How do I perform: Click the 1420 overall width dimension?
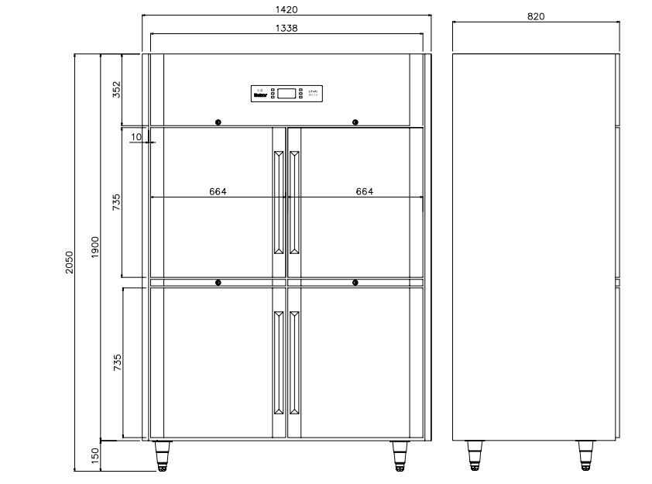pyautogui.click(x=287, y=10)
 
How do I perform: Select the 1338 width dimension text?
pyautogui.click(x=287, y=28)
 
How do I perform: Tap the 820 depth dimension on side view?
pyautogui.click(x=536, y=16)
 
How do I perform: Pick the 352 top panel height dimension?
pyautogui.click(x=117, y=90)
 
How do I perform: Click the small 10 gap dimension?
pyautogui.click(x=136, y=137)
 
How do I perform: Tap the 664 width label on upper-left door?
pyautogui.click(x=218, y=191)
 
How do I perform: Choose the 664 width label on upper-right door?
pyautogui.click(x=364, y=191)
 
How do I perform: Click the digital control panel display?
pyautogui.click(x=287, y=93)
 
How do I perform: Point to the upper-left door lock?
pyautogui.click(x=218, y=122)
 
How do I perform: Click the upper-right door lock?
pyautogui.click(x=355, y=122)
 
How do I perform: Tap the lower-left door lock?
pyautogui.click(x=218, y=283)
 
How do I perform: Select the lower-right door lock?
pyautogui.click(x=355, y=283)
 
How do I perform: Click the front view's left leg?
pyautogui.click(x=163, y=455)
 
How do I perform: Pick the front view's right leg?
pyautogui.click(x=400, y=455)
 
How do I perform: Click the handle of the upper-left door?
pyautogui.click(x=278, y=201)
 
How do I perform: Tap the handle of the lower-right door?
pyautogui.click(x=294, y=362)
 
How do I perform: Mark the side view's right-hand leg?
pyautogui.click(x=587, y=455)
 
